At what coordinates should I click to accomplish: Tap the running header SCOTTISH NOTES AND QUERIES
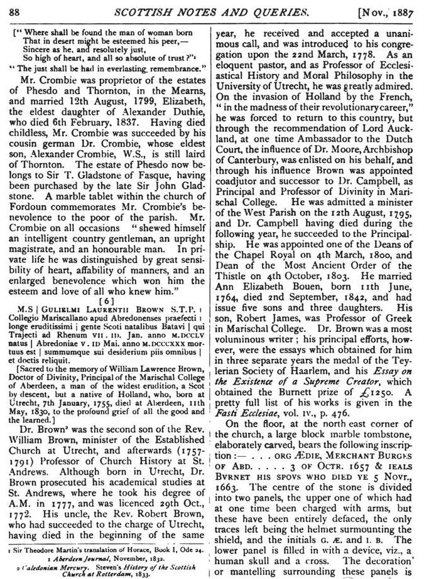(214, 11)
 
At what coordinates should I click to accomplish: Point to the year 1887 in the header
(403, 11)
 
